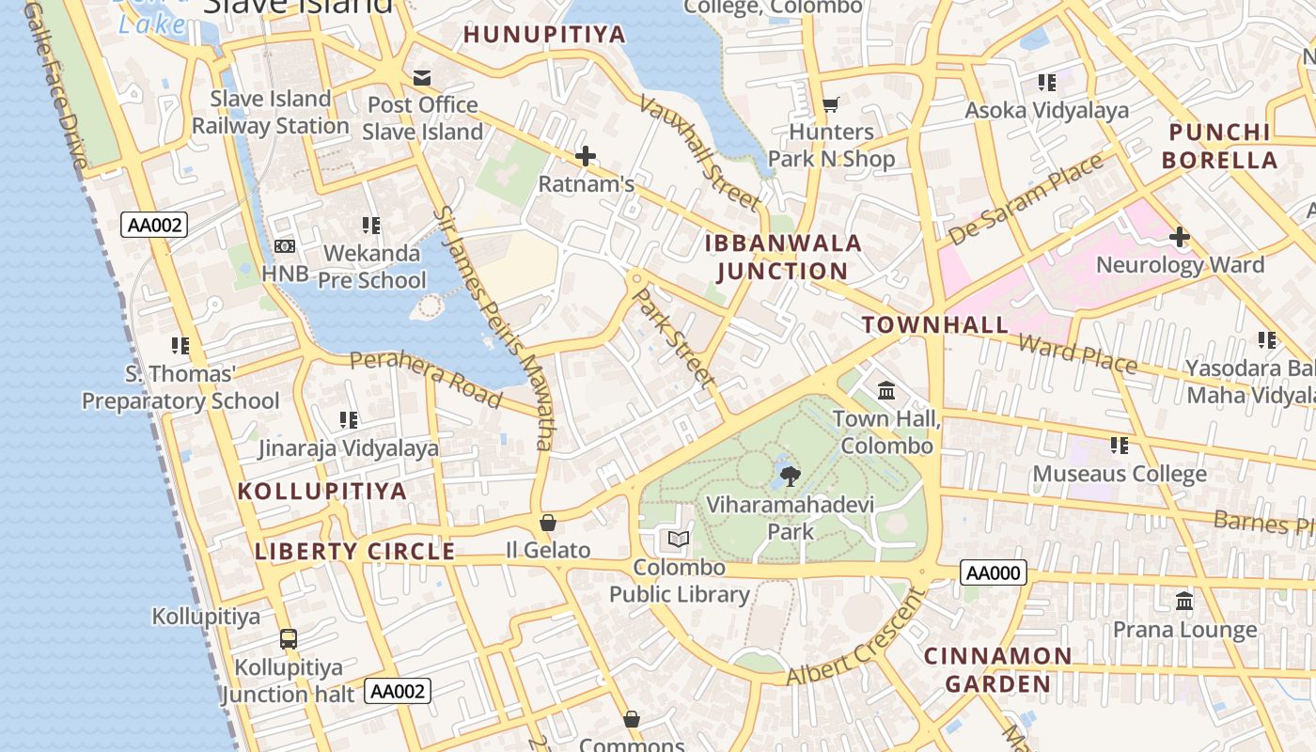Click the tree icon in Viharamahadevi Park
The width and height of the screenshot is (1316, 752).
tap(790, 476)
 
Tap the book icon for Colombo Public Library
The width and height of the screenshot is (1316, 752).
tap(679, 540)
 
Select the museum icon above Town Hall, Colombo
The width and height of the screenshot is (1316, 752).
tap(886, 390)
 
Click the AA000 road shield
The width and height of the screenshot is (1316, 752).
tap(994, 572)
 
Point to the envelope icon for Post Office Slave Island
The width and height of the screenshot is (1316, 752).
tap(422, 77)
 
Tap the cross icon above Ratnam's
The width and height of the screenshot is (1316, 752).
tap(586, 156)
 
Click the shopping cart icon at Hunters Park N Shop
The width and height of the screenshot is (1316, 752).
tap(830, 104)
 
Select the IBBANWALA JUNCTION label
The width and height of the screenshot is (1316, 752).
tap(783, 258)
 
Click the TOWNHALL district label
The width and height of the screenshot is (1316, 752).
tap(935, 325)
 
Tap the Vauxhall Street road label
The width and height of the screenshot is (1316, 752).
tap(700, 152)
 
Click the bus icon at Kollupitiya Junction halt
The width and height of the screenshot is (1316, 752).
tap(289, 639)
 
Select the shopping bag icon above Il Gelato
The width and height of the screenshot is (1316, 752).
tap(548, 523)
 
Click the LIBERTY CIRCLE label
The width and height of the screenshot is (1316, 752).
tap(355, 552)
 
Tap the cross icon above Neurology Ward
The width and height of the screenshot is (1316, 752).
tap(1180, 237)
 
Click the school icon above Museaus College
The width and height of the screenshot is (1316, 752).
tap(1119, 445)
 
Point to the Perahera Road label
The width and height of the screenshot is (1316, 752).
tap(425, 379)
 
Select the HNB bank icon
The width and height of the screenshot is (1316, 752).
tap(285, 246)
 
